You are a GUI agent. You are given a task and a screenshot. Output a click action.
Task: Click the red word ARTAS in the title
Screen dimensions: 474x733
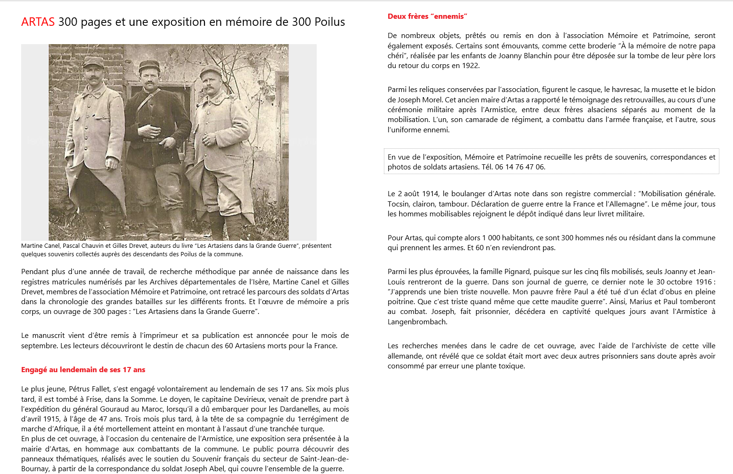click(x=38, y=22)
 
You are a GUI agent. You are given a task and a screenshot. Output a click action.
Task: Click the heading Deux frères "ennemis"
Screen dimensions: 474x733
click(x=427, y=16)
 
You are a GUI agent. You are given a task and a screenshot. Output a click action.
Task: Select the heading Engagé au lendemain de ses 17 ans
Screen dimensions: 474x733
click(x=83, y=370)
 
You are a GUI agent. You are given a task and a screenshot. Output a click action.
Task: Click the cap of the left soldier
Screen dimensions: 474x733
click(x=93, y=61)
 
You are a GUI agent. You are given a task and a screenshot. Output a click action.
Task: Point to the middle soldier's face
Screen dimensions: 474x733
click(x=149, y=78)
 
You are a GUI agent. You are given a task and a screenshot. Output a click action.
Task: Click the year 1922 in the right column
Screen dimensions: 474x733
click(x=471, y=66)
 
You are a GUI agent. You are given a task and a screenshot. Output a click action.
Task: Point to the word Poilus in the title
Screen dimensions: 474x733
click(x=329, y=22)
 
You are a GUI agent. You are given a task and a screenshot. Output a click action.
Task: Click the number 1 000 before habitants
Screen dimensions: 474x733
click(x=491, y=238)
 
